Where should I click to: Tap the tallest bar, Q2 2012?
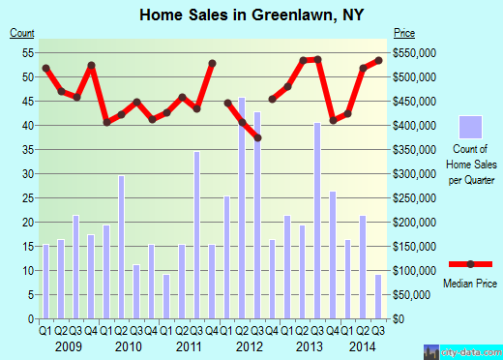[241, 208]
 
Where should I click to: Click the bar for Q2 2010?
[121, 247]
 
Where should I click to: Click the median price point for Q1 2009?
[45, 68]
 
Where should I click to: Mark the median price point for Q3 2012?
[257, 138]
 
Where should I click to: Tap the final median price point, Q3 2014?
[378, 60]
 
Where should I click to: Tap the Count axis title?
[22, 33]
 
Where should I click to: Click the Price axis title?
[401, 33]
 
